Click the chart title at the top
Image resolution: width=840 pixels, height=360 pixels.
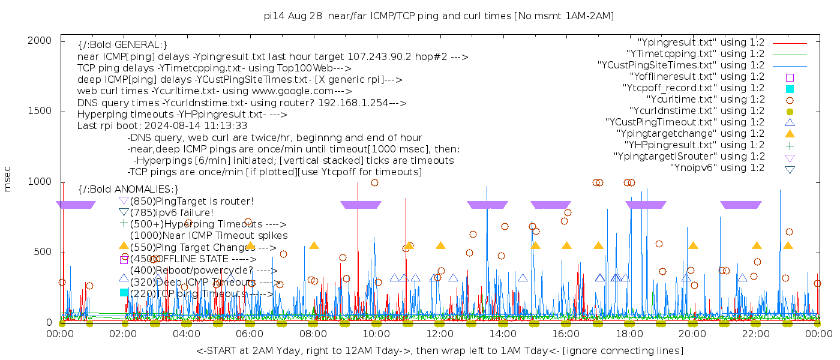point(439,16)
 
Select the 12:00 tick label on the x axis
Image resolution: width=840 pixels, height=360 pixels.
point(440,334)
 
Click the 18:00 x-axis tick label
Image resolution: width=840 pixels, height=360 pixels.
point(629,334)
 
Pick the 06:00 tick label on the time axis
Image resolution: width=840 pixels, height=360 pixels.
point(250,334)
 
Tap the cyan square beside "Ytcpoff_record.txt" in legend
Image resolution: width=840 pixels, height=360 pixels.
point(790,88)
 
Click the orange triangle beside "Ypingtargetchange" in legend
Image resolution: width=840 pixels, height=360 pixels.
point(790,134)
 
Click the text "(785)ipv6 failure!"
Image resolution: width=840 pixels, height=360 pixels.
point(172,212)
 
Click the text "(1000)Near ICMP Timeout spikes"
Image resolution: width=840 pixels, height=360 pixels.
point(209,235)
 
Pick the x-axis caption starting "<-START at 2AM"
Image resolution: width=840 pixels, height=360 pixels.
point(439,350)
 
